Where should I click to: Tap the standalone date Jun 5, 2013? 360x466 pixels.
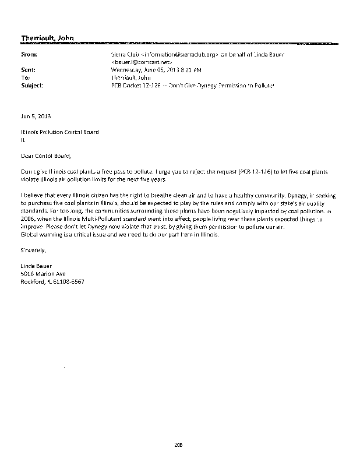tap(34, 116)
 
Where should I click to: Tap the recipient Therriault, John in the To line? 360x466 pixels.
tap(132, 77)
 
